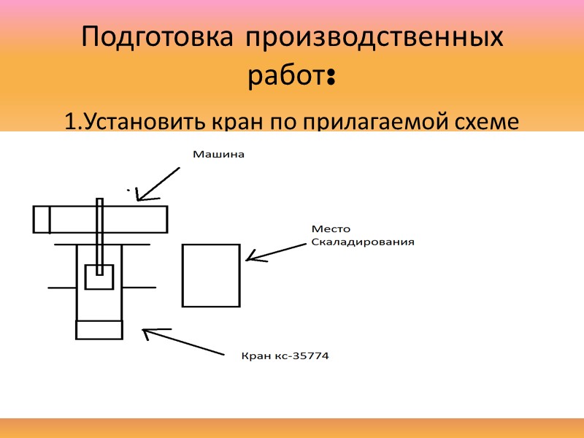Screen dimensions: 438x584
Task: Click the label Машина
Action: (217, 155)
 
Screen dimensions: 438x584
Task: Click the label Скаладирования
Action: (363, 242)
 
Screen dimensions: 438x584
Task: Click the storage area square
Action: (211, 275)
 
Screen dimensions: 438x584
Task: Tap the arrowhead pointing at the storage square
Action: (250, 256)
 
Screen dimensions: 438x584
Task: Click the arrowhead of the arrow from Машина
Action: (139, 196)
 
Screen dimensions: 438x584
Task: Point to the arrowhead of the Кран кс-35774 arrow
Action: (146, 332)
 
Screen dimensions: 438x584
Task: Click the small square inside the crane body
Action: (99, 277)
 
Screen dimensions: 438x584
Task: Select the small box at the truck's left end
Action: (42, 219)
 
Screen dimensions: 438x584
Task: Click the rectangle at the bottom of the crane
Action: (99, 329)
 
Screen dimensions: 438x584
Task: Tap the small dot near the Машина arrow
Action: (128, 190)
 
